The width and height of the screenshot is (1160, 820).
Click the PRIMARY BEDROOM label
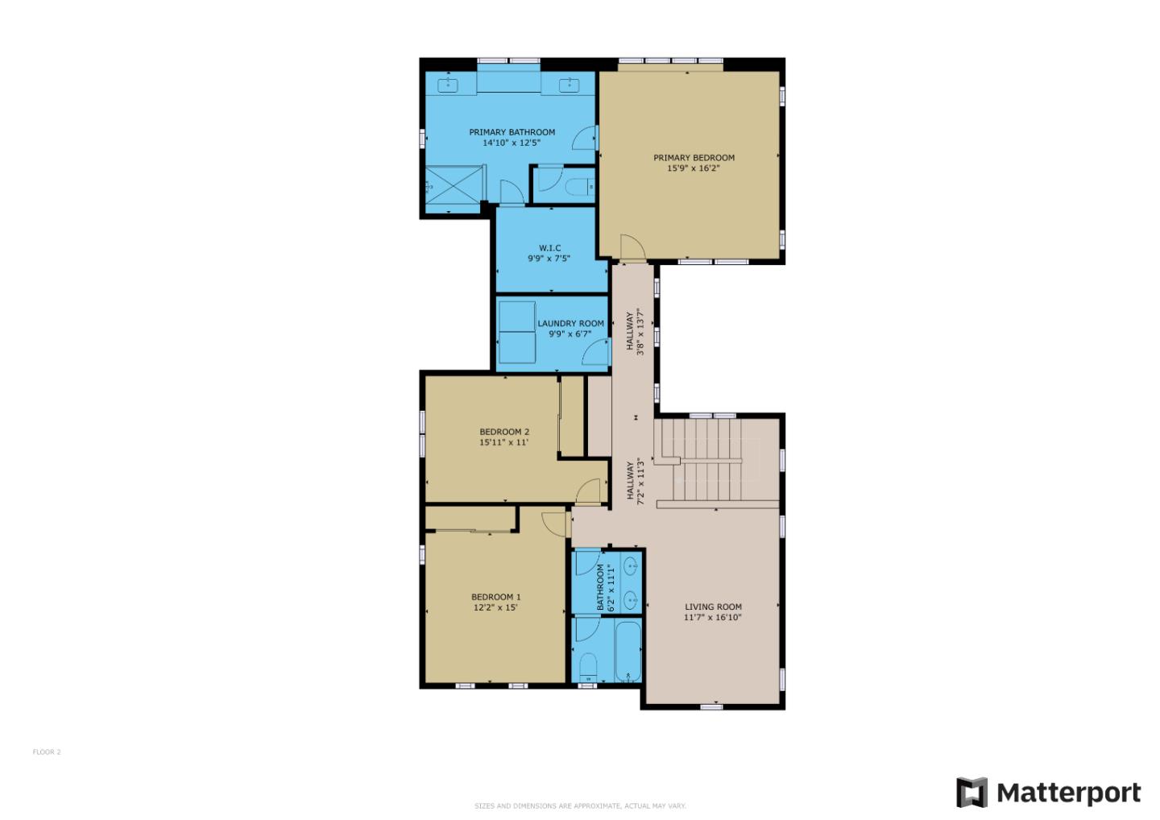click(x=694, y=158)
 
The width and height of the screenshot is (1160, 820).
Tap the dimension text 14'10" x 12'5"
click(x=512, y=143)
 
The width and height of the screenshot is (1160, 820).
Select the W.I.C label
click(x=549, y=248)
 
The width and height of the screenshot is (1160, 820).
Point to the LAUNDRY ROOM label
click(x=570, y=324)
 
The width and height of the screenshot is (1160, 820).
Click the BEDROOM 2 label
click(x=504, y=432)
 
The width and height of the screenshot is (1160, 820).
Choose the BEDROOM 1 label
click(x=496, y=597)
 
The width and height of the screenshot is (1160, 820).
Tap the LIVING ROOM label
click(x=713, y=607)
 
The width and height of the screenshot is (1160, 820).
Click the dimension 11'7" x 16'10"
click(x=713, y=618)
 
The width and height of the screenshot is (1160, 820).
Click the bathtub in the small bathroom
click(x=628, y=651)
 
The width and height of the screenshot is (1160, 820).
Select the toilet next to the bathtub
click(x=588, y=666)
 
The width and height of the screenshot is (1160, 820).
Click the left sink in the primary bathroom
click(x=448, y=85)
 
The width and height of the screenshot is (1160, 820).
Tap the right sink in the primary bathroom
click(x=569, y=85)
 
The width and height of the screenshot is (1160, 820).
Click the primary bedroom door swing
click(x=632, y=249)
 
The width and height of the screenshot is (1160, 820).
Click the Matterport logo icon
click(x=971, y=793)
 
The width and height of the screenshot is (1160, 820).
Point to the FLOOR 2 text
click(x=47, y=752)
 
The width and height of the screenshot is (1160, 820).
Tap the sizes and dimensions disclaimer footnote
click(x=580, y=806)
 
